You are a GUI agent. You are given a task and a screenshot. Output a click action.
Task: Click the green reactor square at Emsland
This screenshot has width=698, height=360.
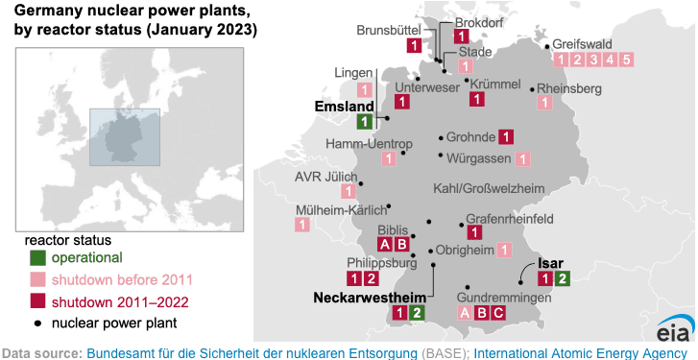click(x=364, y=122)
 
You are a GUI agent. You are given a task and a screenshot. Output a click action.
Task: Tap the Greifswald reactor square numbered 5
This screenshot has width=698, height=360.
click(x=626, y=60)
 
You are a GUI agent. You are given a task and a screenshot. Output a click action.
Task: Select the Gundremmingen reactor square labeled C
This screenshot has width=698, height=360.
click(x=497, y=312)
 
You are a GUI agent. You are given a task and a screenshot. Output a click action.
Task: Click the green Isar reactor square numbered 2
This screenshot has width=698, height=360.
click(x=563, y=279)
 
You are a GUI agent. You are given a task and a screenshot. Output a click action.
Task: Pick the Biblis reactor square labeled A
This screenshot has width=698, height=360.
click(x=386, y=245)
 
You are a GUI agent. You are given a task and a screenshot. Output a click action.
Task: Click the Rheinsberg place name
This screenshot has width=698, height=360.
click(x=569, y=89)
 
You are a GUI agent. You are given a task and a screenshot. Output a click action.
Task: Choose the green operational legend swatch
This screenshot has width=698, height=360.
click(x=36, y=258)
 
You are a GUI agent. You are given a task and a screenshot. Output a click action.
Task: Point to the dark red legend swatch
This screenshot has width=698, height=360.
click(x=36, y=301)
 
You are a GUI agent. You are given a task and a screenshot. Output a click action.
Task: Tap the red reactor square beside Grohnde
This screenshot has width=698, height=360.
click(x=507, y=137)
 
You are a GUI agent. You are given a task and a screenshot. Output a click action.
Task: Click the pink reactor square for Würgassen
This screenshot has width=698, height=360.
click(x=522, y=159)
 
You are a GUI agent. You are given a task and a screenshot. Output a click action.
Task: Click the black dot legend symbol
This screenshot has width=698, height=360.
click(x=36, y=324)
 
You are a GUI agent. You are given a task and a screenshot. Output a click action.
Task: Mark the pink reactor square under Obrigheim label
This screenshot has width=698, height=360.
click(x=504, y=250)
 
